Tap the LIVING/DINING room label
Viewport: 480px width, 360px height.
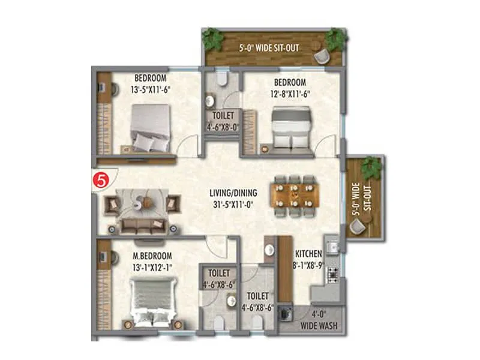pyautogui.click(x=233, y=193)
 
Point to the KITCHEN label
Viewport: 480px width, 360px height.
pyautogui.click(x=308, y=254)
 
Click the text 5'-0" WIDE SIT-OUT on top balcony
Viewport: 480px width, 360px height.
pyautogui.click(x=269, y=47)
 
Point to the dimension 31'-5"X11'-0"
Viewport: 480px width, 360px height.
pyautogui.click(x=233, y=204)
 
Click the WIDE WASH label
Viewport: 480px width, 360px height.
pyautogui.click(x=318, y=326)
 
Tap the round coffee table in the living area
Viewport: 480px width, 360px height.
pyautogui.click(x=145, y=202)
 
